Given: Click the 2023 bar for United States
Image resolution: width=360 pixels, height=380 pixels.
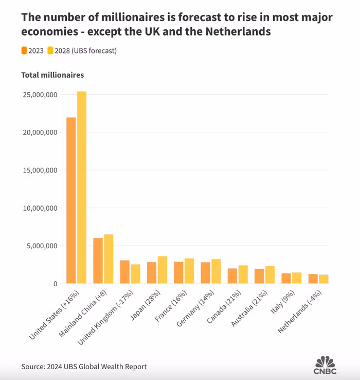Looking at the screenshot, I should coord(71,201).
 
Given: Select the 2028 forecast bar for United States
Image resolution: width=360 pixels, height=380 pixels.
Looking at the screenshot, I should coord(82,187).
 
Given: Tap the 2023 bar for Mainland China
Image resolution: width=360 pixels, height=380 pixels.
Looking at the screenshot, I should coord(98,261).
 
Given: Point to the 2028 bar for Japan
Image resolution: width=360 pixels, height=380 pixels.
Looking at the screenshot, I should coord(162,270).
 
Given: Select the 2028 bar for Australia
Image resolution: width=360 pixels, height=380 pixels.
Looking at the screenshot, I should coord(270,274).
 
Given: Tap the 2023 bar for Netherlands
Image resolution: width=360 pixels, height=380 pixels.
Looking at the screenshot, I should coord(313,279).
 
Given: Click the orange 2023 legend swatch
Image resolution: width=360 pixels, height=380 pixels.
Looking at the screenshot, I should coord(24,50).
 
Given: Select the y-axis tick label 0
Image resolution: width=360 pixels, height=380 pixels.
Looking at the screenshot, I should coord(55,284).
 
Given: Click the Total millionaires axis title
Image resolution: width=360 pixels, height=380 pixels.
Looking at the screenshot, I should coord(52,75).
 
